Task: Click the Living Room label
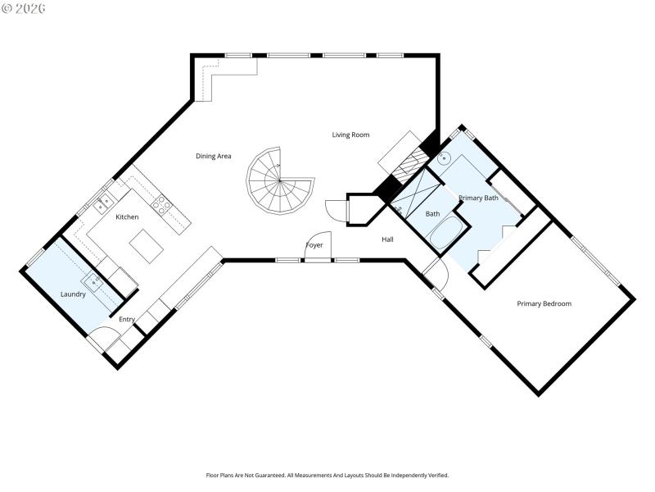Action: pyautogui.click(x=350, y=134)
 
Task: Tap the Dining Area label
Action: pyautogui.click(x=213, y=156)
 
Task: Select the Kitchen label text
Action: pyautogui.click(x=127, y=216)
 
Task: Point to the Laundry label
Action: pyautogui.click(x=73, y=294)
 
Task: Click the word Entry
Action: pyautogui.click(x=127, y=319)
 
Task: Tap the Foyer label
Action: pyautogui.click(x=314, y=245)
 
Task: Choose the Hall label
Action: pyautogui.click(x=387, y=239)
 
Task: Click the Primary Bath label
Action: pyautogui.click(x=478, y=198)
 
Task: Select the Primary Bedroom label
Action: pyautogui.click(x=544, y=303)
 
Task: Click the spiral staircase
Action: pyautogui.click(x=280, y=181)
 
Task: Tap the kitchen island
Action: pyautogui.click(x=147, y=246)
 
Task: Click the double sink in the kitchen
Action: pyautogui.click(x=105, y=203)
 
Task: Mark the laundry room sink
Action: pyautogui.click(x=96, y=282)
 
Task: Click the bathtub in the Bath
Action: pyautogui.click(x=441, y=235)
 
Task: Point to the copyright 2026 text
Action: pyautogui.click(x=24, y=8)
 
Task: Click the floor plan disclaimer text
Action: pyautogui.click(x=327, y=475)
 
